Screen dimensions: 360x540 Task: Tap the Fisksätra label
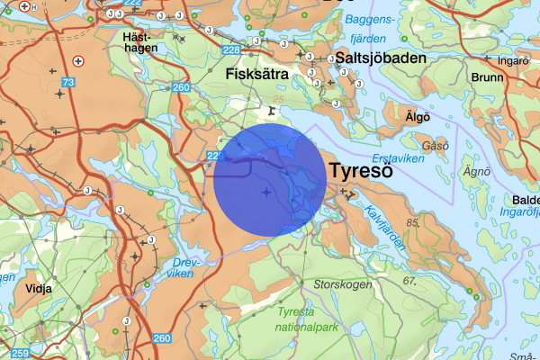click(257, 75)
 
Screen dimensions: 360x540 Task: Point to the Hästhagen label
click(140, 42)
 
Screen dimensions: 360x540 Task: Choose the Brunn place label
click(486, 78)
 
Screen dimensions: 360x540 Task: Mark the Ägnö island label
click(475, 170)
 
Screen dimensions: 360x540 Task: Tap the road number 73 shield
click(67, 83)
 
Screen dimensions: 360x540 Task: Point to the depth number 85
click(414, 221)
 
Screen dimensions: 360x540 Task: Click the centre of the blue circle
click(269, 180)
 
